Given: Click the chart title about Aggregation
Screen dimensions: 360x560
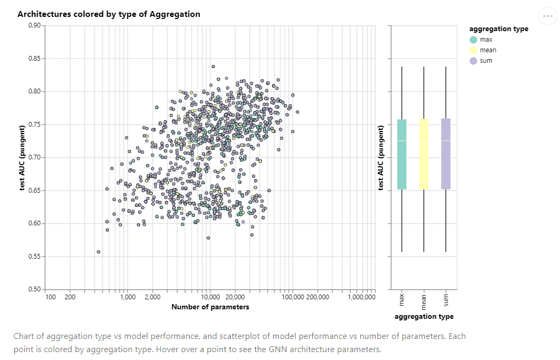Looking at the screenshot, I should point(109,14).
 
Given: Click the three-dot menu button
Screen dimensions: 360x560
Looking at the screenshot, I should point(547,16).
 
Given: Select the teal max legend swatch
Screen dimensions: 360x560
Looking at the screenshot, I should point(473,40).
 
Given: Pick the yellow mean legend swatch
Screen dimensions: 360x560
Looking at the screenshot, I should point(473,50).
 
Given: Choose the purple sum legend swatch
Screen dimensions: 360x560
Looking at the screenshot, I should point(473,61).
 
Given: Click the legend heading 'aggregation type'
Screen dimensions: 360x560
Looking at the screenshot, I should point(499,29).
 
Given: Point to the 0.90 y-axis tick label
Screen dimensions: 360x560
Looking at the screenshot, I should point(34,25).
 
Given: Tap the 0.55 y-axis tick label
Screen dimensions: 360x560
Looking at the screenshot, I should point(34,257).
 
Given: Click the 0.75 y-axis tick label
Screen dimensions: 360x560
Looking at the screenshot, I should point(34,125).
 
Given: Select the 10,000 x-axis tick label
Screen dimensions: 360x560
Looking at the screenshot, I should point(210,297).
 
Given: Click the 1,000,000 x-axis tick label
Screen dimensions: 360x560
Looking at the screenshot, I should point(362,297).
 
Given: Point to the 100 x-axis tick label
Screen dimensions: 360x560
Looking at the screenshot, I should point(51,297).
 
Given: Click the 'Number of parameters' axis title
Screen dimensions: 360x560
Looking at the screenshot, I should point(210,307).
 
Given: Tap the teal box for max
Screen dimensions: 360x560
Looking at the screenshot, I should point(402,154).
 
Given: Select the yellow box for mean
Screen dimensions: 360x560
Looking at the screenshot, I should point(424,154).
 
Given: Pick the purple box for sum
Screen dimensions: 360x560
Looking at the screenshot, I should point(446,154).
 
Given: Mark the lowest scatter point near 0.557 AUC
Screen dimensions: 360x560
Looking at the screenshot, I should point(98,252).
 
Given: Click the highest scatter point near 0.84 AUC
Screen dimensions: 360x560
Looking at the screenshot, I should point(213,67).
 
